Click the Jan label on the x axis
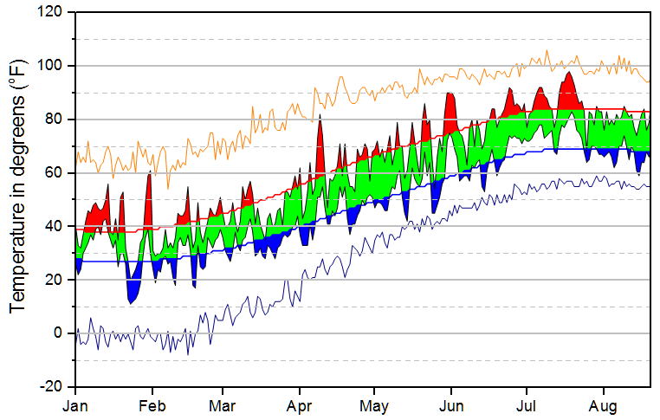76,404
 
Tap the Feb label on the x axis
152,404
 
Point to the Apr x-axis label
300,404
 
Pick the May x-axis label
374,404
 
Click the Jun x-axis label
450,404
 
